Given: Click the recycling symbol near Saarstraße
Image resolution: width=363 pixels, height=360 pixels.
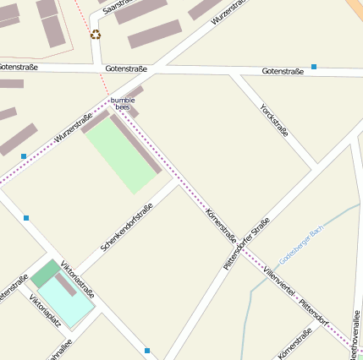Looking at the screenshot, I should point(96,35).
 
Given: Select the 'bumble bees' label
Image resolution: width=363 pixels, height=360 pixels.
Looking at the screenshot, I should point(123,104).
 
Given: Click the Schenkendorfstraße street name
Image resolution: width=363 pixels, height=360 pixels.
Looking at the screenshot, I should point(126,227).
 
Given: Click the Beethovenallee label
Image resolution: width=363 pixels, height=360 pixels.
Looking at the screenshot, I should point(355,334).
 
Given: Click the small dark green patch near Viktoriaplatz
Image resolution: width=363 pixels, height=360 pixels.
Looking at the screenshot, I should point(46,273).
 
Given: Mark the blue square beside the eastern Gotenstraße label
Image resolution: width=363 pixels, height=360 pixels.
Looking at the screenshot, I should point(314,66).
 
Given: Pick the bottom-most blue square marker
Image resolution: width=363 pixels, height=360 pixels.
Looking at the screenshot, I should point(147,350).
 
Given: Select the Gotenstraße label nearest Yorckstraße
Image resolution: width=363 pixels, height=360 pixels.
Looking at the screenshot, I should point(283,71).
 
